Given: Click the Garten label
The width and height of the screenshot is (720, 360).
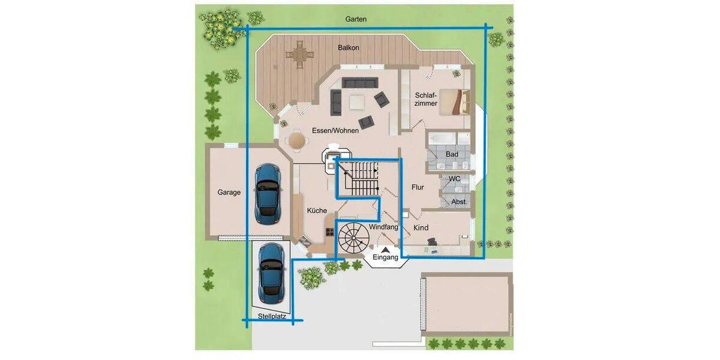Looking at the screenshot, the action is click(356, 19).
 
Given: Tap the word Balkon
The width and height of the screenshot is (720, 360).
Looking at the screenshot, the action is click(349, 48).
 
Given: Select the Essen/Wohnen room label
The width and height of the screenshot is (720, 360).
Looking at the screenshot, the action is click(335, 131).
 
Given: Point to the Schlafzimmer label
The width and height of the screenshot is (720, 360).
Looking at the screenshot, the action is click(425, 100).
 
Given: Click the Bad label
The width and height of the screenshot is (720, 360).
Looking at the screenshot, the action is click(452, 154).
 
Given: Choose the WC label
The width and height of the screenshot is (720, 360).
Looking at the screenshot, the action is click(454, 179).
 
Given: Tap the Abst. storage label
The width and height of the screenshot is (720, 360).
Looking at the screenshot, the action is click(458, 202).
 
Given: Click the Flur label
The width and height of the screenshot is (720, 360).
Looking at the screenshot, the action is click(418, 187).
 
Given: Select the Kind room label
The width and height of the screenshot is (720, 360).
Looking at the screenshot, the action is click(421, 228).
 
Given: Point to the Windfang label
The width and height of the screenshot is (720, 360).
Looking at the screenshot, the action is click(383, 227).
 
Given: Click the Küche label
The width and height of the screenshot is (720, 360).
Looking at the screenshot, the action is click(317, 211).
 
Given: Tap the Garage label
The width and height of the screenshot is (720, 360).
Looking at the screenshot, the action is click(229, 193).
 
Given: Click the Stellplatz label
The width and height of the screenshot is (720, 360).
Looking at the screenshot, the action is click(272, 316).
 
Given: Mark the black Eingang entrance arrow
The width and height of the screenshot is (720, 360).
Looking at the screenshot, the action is click(385, 250).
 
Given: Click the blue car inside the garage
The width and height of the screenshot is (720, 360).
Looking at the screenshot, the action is click(268, 193).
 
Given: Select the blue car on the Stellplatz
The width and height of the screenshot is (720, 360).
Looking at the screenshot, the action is click(272, 273).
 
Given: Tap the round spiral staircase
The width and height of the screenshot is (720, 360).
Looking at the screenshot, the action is click(353, 238).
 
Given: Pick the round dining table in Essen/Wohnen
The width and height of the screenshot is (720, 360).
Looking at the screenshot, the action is click(297, 140).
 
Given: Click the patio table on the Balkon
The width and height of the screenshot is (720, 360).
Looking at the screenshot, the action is click(299, 55).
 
